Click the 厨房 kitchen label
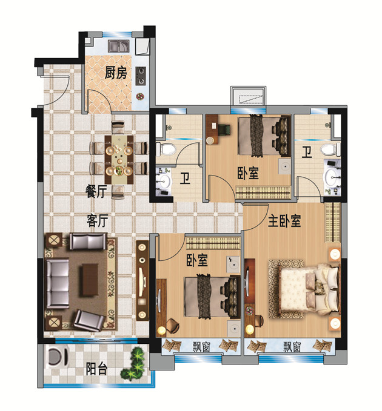(116, 73)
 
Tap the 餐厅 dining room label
(96, 191)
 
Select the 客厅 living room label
(98, 220)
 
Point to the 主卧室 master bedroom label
(284, 221)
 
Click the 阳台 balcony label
(96, 369)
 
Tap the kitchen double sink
(119, 46)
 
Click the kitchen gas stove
(141, 76)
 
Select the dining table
(119, 160)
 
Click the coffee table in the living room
(90, 280)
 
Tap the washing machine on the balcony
(57, 357)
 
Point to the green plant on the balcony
(133, 364)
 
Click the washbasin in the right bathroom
(332, 176)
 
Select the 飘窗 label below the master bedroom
(292, 347)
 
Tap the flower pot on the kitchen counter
(140, 96)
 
